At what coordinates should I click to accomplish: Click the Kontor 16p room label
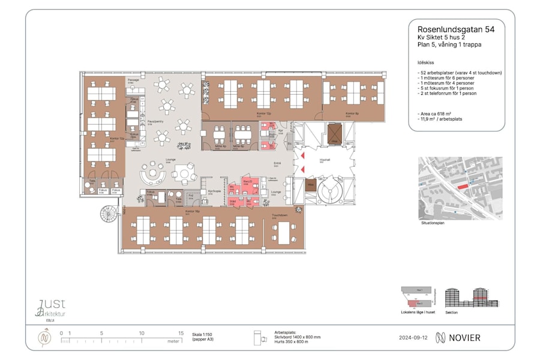click(x=192, y=211)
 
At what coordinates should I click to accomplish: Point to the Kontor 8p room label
click(x=352, y=113)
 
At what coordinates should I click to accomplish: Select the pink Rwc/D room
click(x=247, y=182)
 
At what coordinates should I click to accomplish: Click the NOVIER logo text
click(x=458, y=338)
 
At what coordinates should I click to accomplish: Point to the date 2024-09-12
click(x=413, y=338)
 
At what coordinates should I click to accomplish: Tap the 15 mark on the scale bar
click(x=180, y=333)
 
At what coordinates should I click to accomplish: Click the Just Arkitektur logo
click(x=51, y=308)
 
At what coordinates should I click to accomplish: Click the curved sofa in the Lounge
click(x=153, y=175)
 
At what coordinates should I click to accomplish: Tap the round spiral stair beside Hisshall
click(x=328, y=193)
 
